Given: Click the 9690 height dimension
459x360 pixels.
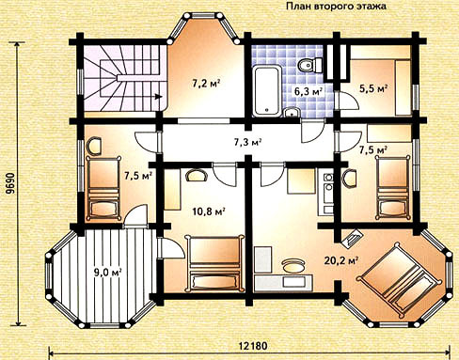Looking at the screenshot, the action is tap(10, 187).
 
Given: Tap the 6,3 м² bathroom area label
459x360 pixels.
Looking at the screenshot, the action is tap(309, 91).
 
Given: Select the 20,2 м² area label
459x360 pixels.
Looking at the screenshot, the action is tap(341, 260).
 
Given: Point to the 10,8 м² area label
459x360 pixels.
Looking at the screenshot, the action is tap(209, 211).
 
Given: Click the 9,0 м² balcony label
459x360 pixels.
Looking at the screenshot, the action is tap(108, 272).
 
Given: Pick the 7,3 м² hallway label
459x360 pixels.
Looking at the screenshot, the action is tap(247, 142).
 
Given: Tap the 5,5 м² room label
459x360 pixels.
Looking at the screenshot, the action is tap(372, 88).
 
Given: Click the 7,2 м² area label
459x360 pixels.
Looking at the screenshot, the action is tap(205, 84).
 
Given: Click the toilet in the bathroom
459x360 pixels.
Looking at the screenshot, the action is tap(309, 65).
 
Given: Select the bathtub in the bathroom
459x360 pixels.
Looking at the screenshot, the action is tap(266, 90).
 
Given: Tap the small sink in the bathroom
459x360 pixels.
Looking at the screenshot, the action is tap(292, 112).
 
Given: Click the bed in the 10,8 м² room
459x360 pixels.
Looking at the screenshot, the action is tap(214, 263).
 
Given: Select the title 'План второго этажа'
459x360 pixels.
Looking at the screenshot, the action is tap(336, 6).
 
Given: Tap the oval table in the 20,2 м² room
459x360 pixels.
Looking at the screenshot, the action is tap(293, 266).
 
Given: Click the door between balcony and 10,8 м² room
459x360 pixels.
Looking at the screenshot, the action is tap(171, 248).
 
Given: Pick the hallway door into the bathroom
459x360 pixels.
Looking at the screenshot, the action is tap(312, 132).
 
